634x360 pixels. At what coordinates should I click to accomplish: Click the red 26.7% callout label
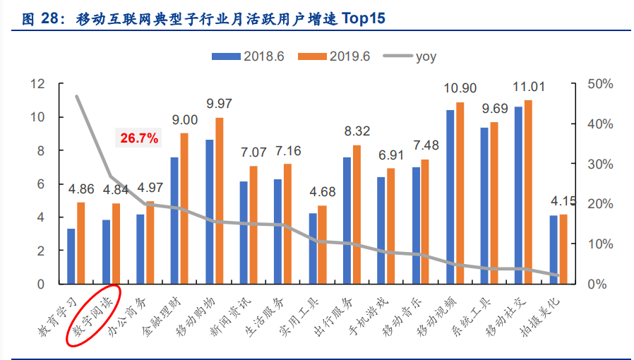(x=139, y=138)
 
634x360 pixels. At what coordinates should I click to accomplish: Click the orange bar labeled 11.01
(x=528, y=192)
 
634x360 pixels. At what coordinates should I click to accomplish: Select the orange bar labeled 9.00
(x=184, y=208)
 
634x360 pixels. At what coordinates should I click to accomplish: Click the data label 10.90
(x=460, y=88)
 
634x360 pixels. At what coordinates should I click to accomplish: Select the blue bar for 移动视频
(x=450, y=197)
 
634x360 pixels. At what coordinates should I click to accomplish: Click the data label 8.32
(x=357, y=131)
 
